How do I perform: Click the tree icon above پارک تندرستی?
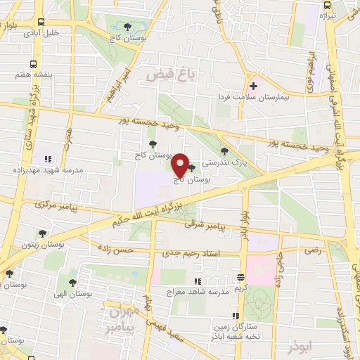[x=224, y=150]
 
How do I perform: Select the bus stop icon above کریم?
[x=241, y=276]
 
